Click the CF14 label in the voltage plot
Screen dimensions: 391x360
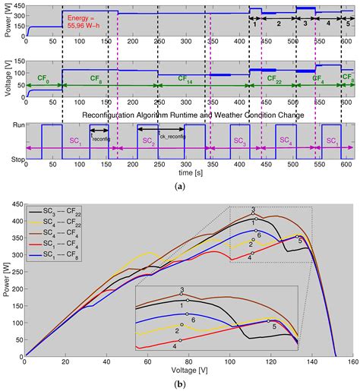(185, 77)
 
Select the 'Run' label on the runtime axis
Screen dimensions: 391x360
(13, 124)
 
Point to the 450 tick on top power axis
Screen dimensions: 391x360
(17, 5)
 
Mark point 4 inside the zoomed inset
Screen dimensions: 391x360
(175, 345)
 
